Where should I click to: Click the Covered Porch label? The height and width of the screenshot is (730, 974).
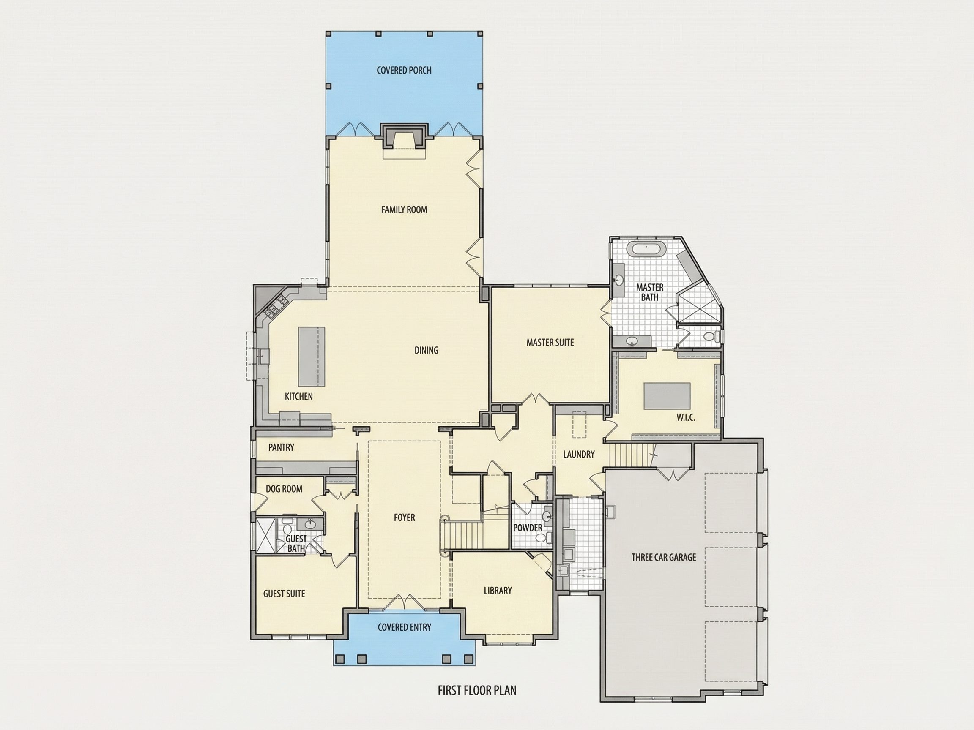pos(404,70)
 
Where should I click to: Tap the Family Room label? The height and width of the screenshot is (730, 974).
pos(404,210)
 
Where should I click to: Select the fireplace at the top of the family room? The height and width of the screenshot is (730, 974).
pos(404,136)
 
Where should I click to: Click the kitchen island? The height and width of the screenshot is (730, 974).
pos(312,357)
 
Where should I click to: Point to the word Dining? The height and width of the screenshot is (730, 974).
pos(426,350)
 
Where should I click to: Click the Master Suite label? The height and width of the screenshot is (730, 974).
pos(550,342)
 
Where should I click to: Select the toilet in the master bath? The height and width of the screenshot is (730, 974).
pos(711,337)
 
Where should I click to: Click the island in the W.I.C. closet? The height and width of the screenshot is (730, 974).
pos(667,396)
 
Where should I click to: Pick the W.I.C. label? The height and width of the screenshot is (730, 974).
pos(686,417)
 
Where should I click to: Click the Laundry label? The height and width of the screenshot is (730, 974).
pos(579,454)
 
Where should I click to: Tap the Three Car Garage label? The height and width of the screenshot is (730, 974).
pos(664,558)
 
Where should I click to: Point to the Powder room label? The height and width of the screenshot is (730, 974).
pos(528,528)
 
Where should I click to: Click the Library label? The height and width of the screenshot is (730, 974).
pos(498,591)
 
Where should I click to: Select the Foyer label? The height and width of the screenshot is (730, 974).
pos(404,518)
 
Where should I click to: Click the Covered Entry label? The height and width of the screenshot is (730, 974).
pos(404,627)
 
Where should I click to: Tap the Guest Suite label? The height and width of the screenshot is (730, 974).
pos(284,594)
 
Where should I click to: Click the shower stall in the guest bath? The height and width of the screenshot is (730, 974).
pos(265,535)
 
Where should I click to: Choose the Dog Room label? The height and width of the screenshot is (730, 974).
pos(284,489)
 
